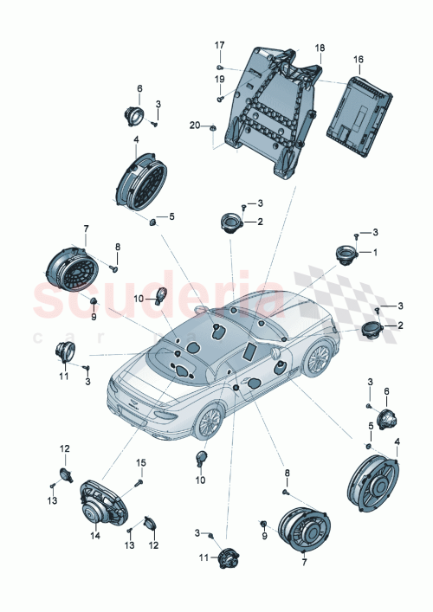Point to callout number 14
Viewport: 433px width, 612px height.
click(94, 536)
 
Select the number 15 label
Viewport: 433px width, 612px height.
click(140, 462)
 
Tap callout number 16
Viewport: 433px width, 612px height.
click(359, 61)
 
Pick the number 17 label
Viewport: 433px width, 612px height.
click(219, 45)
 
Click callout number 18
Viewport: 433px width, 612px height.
click(320, 48)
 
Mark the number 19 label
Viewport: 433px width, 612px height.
click(219, 79)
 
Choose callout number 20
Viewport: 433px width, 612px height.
click(196, 126)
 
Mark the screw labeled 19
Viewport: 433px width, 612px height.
click(221, 98)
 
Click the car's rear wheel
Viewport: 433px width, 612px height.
click(208, 422)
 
